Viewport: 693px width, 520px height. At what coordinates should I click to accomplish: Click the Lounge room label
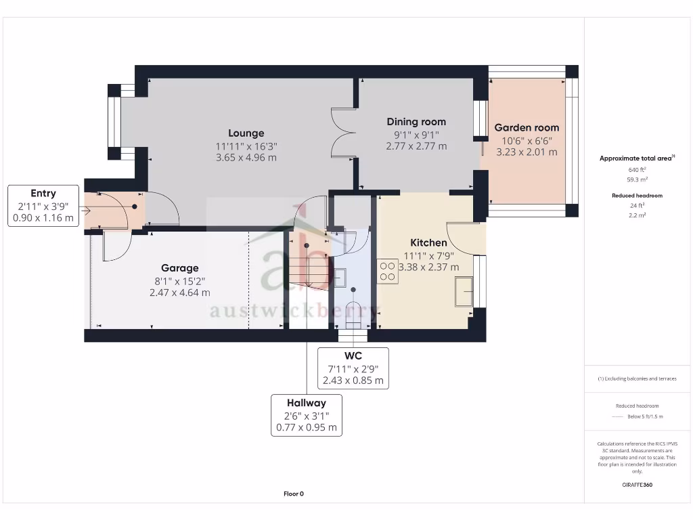click(x=246, y=133)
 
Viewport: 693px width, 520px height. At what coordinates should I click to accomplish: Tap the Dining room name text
click(x=416, y=122)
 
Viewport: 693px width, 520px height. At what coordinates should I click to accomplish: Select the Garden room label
click(x=527, y=128)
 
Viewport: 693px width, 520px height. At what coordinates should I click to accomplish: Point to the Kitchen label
click(x=428, y=243)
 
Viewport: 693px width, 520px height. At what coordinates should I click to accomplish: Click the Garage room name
click(x=180, y=268)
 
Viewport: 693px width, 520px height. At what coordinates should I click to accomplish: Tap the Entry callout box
click(x=43, y=206)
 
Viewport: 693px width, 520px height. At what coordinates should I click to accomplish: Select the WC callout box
click(x=353, y=368)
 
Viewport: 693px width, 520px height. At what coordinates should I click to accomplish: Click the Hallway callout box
click(x=307, y=415)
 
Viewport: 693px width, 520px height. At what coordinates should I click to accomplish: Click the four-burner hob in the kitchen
click(x=388, y=272)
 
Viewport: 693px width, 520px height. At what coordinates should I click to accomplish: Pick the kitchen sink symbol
click(x=464, y=291)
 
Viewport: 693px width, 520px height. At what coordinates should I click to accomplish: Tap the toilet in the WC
click(x=353, y=316)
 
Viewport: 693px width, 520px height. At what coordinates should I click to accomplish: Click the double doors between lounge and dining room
click(x=343, y=132)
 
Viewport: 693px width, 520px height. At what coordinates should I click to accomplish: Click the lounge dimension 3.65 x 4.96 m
click(x=246, y=157)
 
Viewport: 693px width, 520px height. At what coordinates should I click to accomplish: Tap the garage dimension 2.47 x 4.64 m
click(x=180, y=292)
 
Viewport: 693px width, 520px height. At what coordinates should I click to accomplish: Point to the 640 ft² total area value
click(x=637, y=169)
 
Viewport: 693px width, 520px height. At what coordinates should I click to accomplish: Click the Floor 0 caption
click(x=294, y=494)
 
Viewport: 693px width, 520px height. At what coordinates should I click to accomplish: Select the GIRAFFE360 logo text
click(x=637, y=485)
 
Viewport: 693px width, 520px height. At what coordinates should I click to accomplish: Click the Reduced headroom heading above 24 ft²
click(x=637, y=196)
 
